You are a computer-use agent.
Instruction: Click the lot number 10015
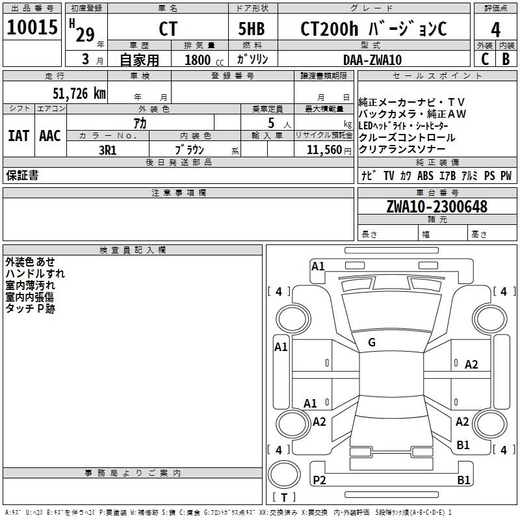[x=32, y=28]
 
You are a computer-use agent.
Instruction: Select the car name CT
[x=168, y=29]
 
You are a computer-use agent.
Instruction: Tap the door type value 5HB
[x=252, y=29]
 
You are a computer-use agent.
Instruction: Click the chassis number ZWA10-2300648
[x=436, y=207]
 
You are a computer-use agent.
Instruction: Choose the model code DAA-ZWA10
[x=372, y=59]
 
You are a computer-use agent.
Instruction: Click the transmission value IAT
[x=19, y=136]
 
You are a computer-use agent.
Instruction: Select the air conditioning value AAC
[x=50, y=136]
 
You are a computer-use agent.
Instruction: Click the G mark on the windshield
[x=371, y=343]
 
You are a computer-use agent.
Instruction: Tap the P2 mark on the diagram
[x=319, y=480]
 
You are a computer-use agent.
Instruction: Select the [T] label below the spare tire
[x=283, y=497]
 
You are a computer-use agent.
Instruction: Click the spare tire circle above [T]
[x=283, y=474]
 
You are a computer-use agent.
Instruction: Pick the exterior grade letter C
[x=484, y=59]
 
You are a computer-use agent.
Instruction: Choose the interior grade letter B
[x=506, y=59]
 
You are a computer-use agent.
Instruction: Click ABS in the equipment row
[x=425, y=175]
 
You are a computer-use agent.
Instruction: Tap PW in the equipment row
[x=506, y=175]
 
